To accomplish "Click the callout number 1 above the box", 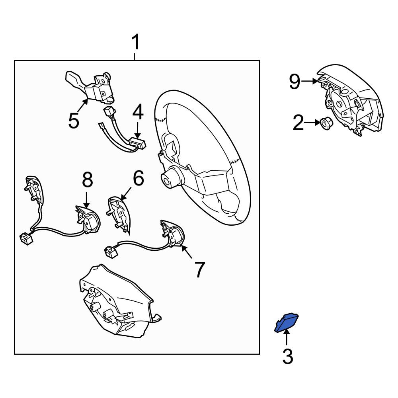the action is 136,42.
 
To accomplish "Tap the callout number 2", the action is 298,123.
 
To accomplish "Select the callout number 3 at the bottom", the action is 288,356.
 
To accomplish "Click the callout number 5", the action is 74,121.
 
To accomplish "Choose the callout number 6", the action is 139,178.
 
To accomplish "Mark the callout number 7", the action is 199,270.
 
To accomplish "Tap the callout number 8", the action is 87,180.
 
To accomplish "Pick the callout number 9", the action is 295,81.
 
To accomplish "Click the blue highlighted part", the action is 286,323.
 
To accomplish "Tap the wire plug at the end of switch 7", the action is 111,251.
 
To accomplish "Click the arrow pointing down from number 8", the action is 86,200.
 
